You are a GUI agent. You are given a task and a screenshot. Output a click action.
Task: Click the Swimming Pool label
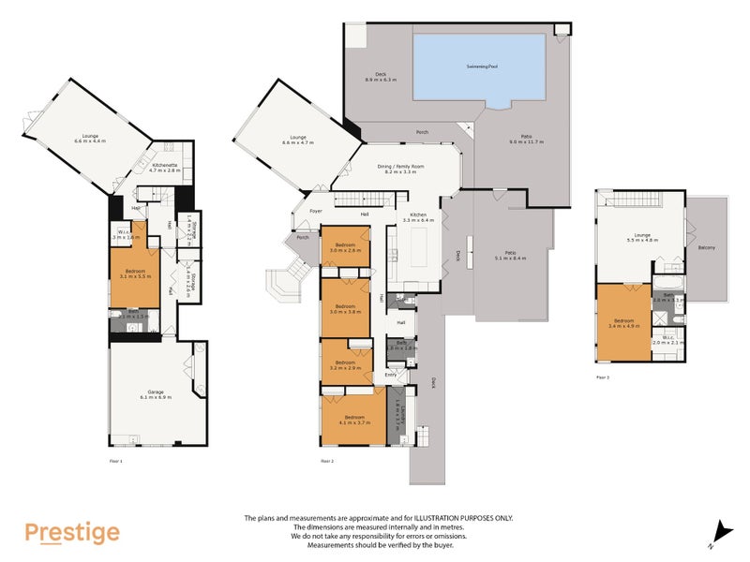pyautogui.click(x=483, y=67)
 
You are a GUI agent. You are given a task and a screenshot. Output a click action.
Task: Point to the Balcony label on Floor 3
pyautogui.click(x=706, y=247)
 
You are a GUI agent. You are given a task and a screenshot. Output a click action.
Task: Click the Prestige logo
pyautogui.click(x=72, y=533)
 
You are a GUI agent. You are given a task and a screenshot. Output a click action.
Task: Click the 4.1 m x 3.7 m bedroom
pyautogui.click(x=352, y=420)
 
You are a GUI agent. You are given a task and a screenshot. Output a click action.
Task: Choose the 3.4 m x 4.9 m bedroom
pyautogui.click(x=622, y=324)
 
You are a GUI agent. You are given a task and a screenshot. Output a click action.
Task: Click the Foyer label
pyautogui.click(x=316, y=211)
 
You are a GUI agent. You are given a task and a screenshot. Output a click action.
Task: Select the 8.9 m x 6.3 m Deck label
pyautogui.click(x=381, y=77)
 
